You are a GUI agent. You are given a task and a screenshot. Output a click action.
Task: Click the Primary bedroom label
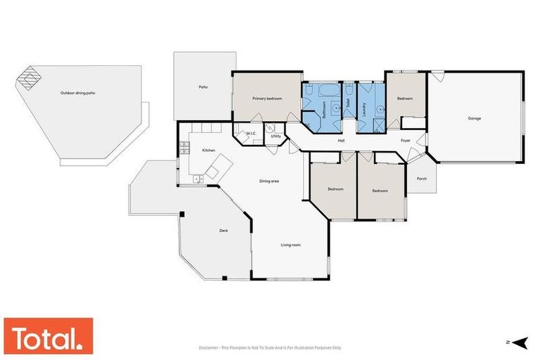point(267,98)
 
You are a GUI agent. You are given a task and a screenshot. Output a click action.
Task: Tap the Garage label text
point(475,118)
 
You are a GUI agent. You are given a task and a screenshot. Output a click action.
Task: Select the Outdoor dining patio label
point(77,93)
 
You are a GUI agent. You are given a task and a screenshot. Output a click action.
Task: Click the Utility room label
point(276,136)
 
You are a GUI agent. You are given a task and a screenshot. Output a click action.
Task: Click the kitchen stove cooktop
point(185,148)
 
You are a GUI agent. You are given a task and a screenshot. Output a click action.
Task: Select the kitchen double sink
point(198,179)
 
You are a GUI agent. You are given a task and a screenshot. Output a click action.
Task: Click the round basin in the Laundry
point(379,109)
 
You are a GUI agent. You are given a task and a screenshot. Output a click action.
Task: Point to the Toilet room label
point(348,102)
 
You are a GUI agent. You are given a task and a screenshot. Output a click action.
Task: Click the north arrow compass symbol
point(520,342)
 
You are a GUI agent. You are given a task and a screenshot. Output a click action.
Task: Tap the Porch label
point(422,179)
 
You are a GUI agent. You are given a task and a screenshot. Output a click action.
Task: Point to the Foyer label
point(406,141)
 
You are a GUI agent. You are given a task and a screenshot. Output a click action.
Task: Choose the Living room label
point(291,245)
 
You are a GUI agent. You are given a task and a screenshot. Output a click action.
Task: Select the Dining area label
point(269,181)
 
